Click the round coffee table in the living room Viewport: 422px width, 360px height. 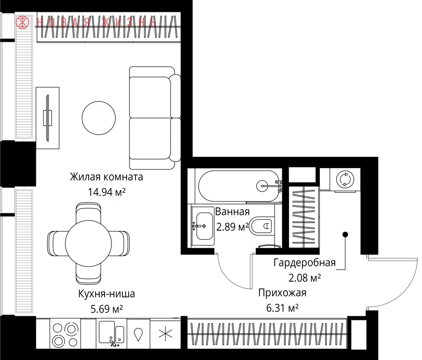pyautogui.click(x=99, y=118)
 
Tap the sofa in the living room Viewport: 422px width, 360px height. pyautogui.click(x=155, y=118)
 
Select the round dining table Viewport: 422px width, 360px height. pyautogui.click(x=88, y=243)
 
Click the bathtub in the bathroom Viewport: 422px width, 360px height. pyautogui.click(x=239, y=186)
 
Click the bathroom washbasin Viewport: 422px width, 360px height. pyautogui.click(x=203, y=226)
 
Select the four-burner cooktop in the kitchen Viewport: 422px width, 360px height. pyautogui.click(x=65, y=334)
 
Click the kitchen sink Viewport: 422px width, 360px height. pyautogui.click(x=111, y=333)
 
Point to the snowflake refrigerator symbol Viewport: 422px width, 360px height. pyautogui.click(x=165, y=334)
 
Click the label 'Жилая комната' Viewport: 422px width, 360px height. pyautogui.click(x=106, y=177)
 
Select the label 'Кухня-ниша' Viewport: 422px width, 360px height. pyautogui.click(x=107, y=294)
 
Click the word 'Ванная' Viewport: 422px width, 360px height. pyautogui.click(x=232, y=212)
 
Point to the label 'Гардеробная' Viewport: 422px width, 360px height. pyautogui.click(x=305, y=262)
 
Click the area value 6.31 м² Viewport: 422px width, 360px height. pyautogui.click(x=282, y=308)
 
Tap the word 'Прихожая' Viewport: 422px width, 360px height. pyautogui.click(x=282, y=293)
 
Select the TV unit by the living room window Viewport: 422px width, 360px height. pyautogui.click(x=48, y=118)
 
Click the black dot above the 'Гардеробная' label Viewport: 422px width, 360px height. pyautogui.click(x=345, y=234)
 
